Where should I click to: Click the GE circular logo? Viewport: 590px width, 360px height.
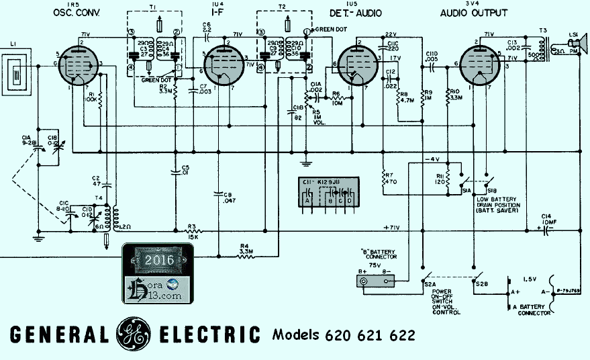click(134, 334)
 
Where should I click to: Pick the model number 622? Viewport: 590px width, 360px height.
click(401, 334)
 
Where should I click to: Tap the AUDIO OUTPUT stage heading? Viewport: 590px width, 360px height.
click(473, 13)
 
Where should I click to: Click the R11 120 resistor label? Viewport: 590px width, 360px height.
click(440, 178)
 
